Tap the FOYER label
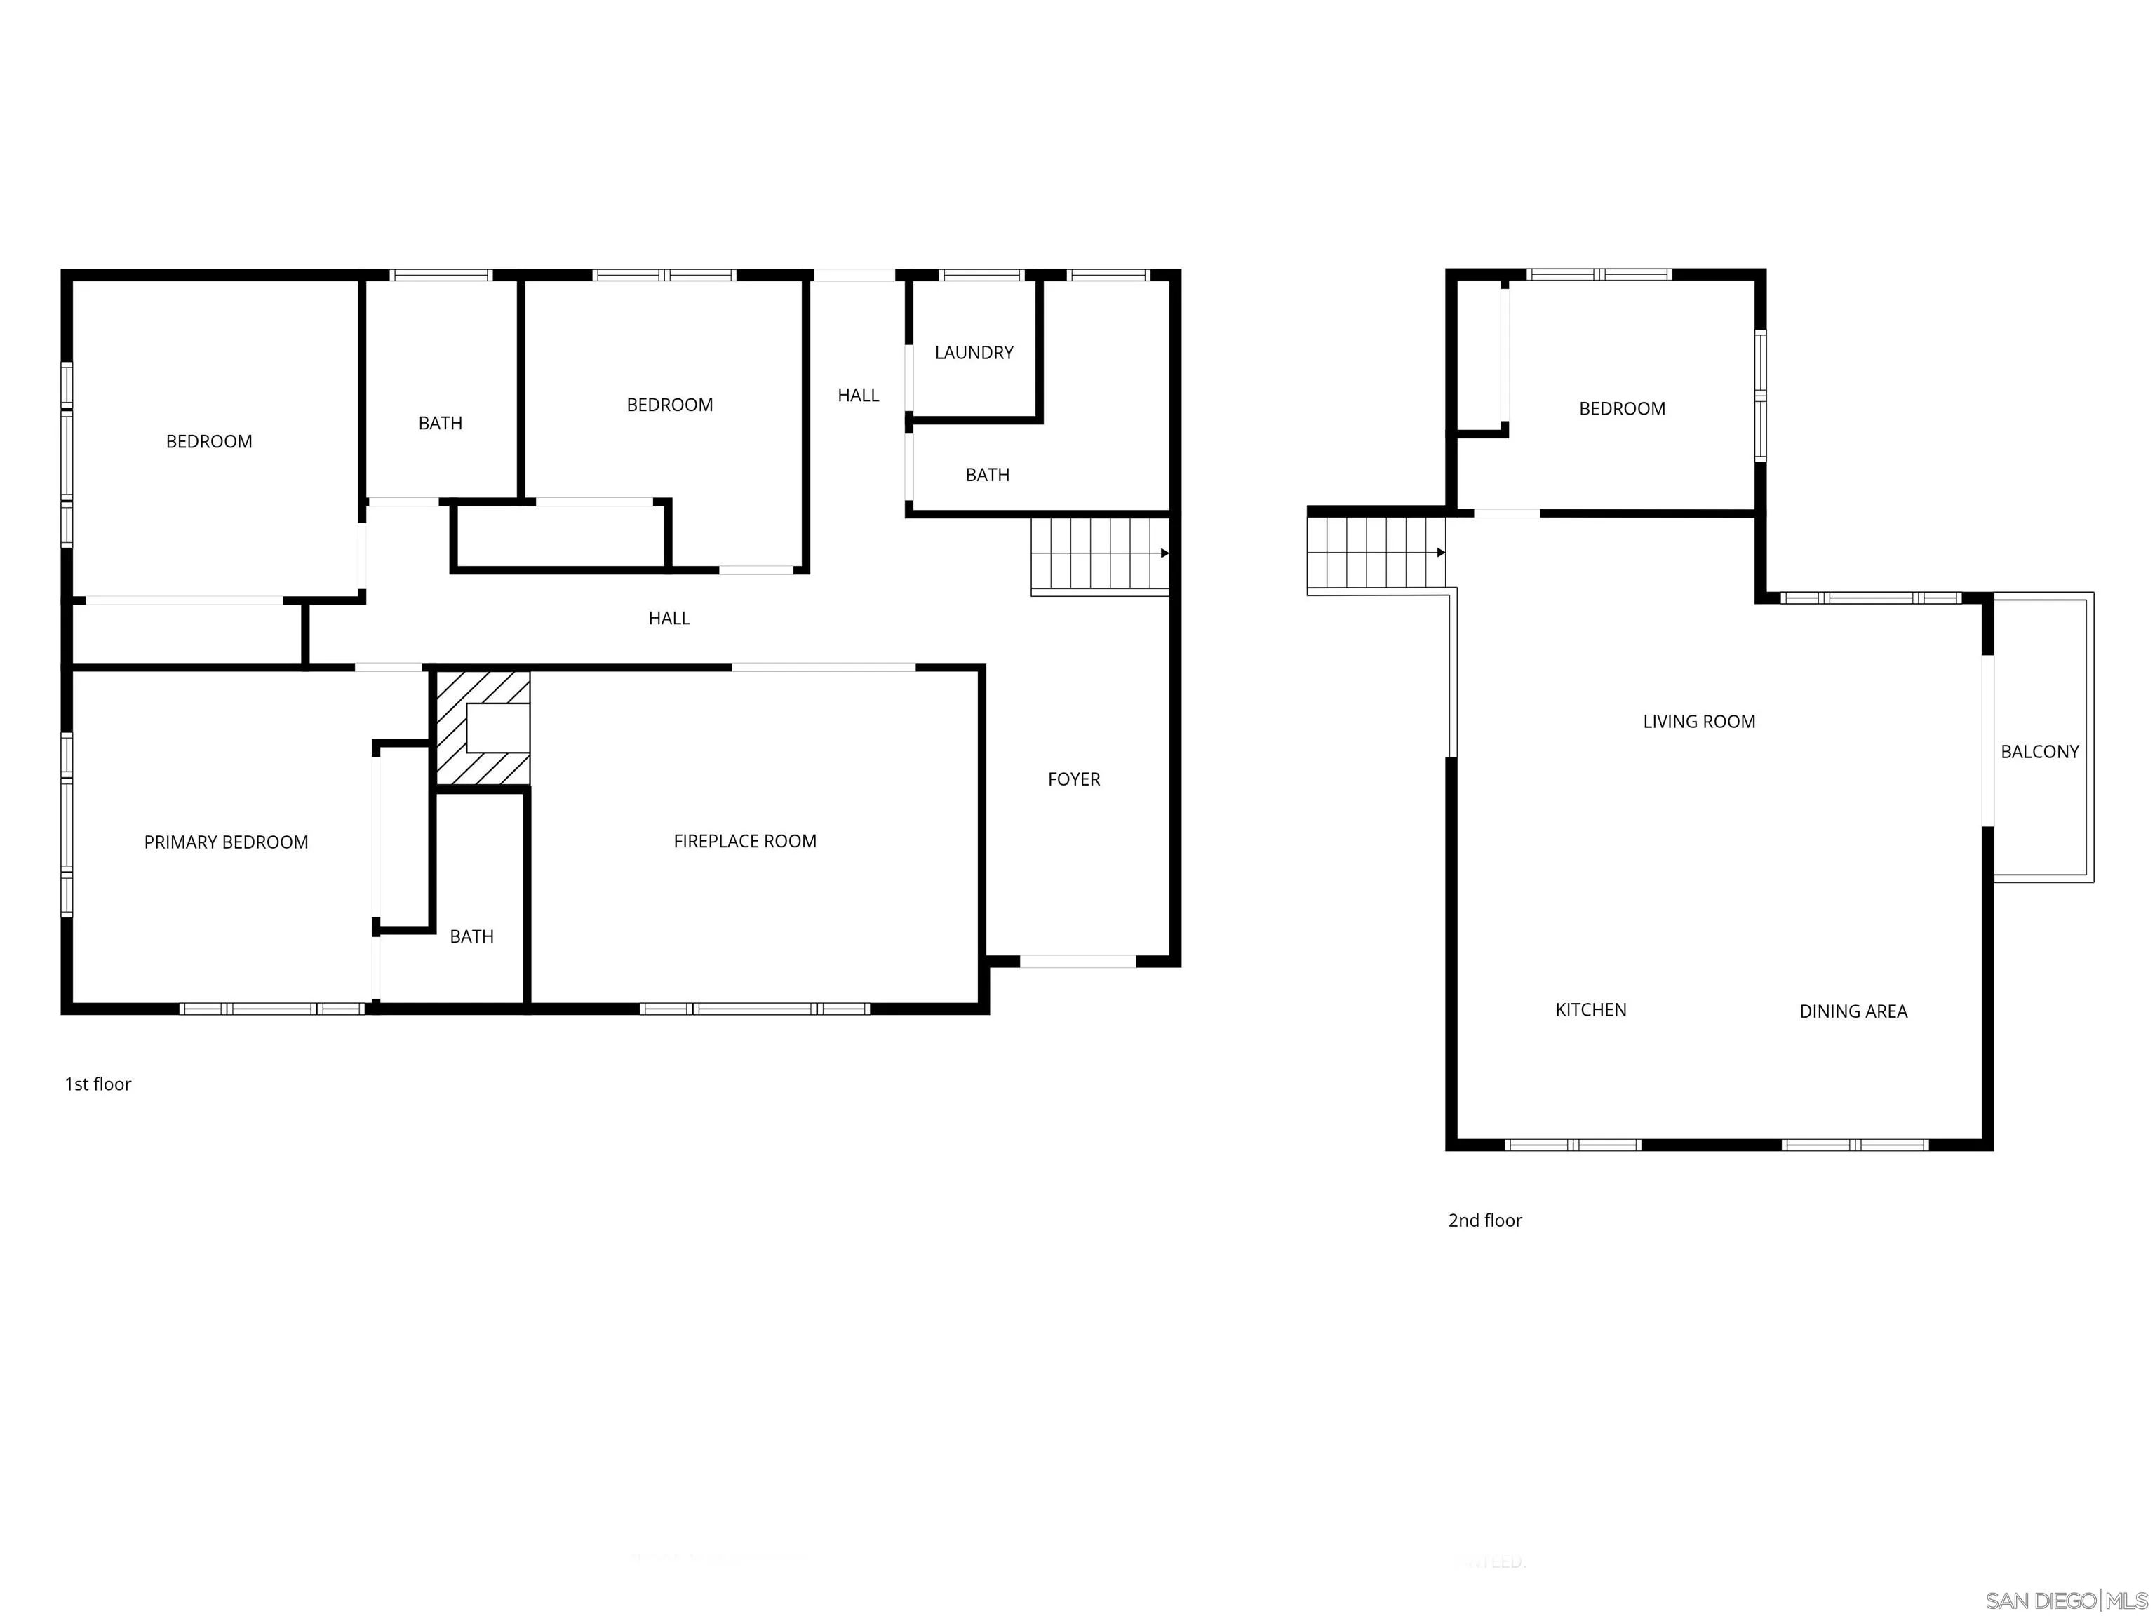[x=1073, y=779]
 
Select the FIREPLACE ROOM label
[x=744, y=842]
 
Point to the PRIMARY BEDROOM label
[x=226, y=842]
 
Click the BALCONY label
[x=2039, y=752]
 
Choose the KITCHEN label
[x=1590, y=1010]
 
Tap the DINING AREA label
[x=1852, y=1012]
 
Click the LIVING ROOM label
[x=1698, y=722]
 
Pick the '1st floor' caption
[x=98, y=1084]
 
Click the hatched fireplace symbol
[x=482, y=727]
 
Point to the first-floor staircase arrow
[x=1164, y=553]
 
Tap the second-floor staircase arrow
[x=1440, y=552]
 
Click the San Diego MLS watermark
[x=2065, y=1601]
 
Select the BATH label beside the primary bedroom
[x=471, y=937]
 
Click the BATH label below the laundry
[x=987, y=476]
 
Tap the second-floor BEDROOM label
[x=1621, y=409]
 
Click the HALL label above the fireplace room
[x=669, y=619]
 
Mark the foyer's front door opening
[x=1077, y=962]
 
